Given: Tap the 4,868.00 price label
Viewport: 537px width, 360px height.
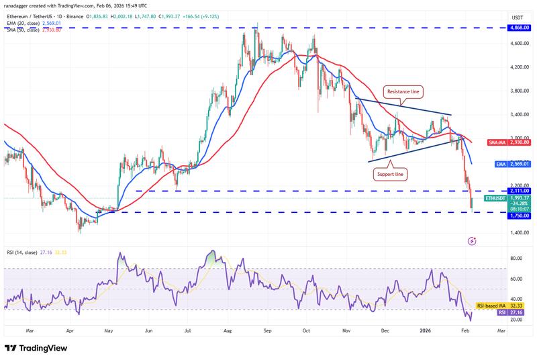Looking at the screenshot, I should pos(518,28).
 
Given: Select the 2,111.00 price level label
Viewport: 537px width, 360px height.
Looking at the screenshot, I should pos(518,191).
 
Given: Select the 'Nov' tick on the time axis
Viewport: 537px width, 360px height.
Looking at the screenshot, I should pos(346,331).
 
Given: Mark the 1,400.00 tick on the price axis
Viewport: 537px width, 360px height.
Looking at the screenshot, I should pos(518,233).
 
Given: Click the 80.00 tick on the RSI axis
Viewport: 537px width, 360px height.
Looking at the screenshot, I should pos(516,258).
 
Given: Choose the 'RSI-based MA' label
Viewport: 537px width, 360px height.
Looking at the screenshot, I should pos(490,306).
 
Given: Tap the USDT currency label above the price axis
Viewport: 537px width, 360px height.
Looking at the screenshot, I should pos(518,17).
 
